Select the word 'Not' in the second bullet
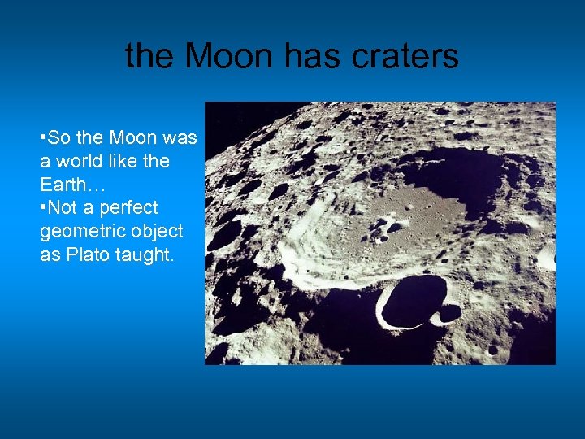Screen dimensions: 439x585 61,208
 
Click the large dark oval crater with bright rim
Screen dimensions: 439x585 413,299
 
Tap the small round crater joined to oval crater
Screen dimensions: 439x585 449,313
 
